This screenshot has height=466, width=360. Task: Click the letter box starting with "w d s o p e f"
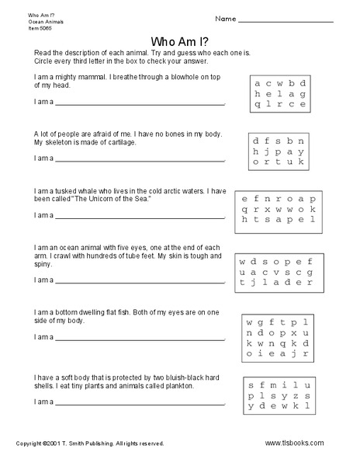click(276, 272)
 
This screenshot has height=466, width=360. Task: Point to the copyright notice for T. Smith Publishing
click(90, 443)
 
